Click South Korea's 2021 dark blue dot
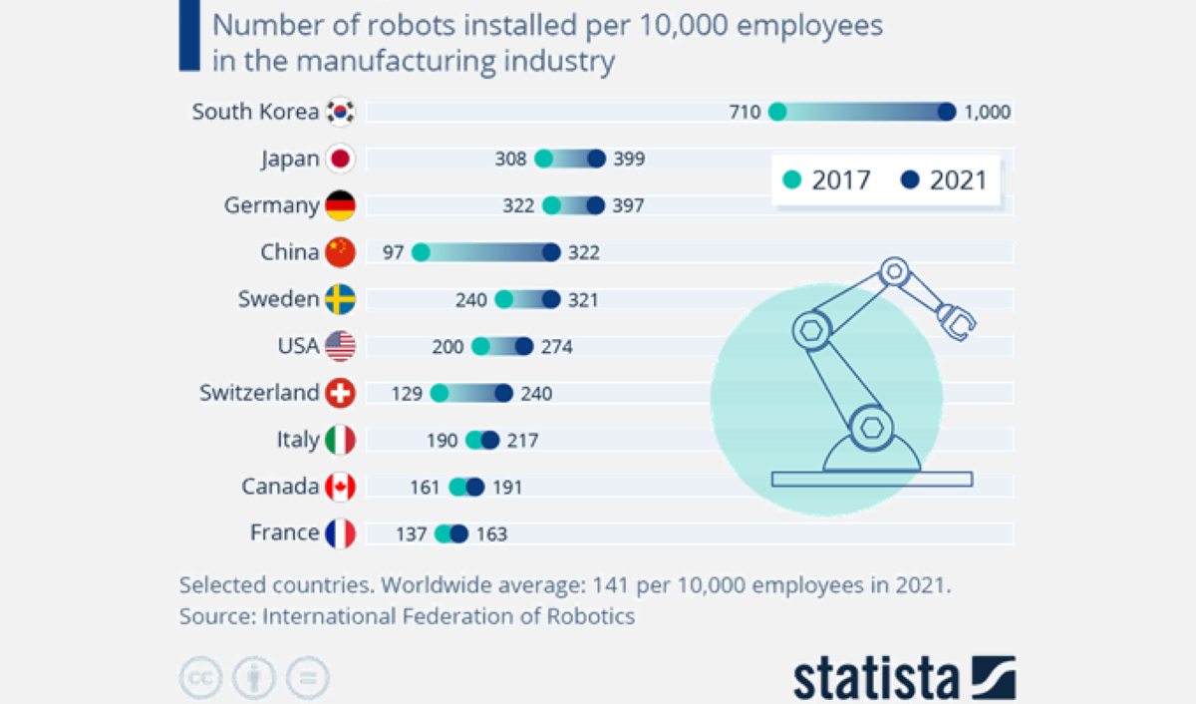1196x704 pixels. pyautogui.click(x=946, y=112)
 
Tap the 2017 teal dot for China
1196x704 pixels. pyautogui.click(x=421, y=252)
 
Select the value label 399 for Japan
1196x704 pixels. pyautogui.click(x=629, y=159)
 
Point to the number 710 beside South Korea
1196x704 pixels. pyautogui.click(x=745, y=112)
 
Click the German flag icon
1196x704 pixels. pyautogui.click(x=341, y=205)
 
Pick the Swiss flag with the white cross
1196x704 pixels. pyautogui.click(x=341, y=393)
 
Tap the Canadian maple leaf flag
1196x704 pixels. pyautogui.click(x=341, y=487)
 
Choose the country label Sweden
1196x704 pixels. pyautogui.click(x=278, y=298)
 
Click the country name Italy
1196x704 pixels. pyautogui.click(x=298, y=439)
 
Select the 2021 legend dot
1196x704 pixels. pyautogui.click(x=909, y=179)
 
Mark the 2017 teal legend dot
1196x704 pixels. pyautogui.click(x=792, y=179)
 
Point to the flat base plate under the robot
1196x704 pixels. pyautogui.click(x=872, y=480)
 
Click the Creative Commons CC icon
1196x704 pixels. pyautogui.click(x=200, y=678)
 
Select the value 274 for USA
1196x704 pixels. pyautogui.click(x=556, y=346)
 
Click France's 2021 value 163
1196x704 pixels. pyautogui.click(x=490, y=533)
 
